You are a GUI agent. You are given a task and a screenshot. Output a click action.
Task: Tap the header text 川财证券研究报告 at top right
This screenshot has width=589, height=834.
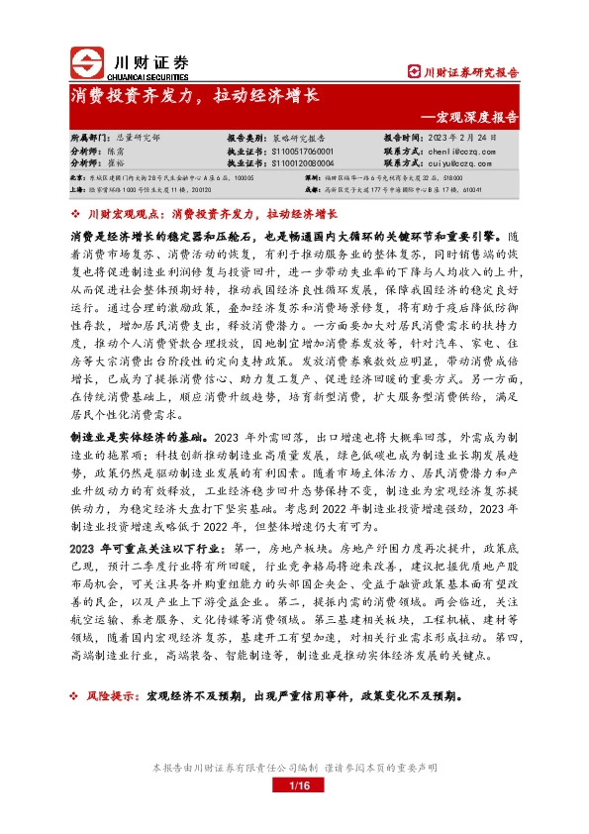463,70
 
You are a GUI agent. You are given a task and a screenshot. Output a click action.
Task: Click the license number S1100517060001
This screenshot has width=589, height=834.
302,151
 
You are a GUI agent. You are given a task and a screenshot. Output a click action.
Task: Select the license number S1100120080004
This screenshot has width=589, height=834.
302,162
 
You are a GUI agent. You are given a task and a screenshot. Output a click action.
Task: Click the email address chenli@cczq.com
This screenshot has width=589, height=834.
453,151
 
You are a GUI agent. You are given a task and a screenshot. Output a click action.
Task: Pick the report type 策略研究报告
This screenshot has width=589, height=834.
302,139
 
